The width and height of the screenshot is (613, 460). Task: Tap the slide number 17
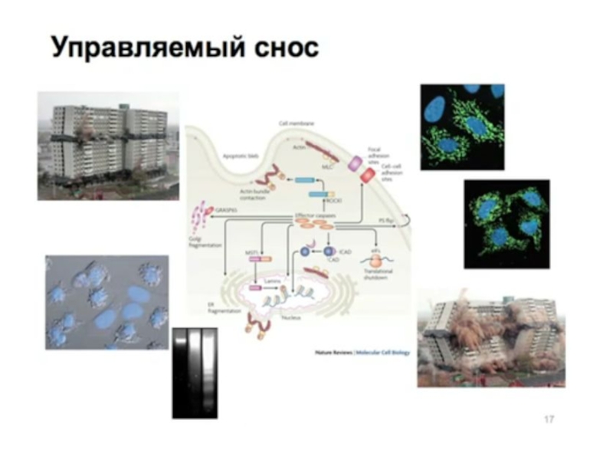coord(549,419)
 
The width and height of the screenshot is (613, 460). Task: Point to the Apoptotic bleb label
coord(238,153)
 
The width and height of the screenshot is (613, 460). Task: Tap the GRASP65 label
coord(228,208)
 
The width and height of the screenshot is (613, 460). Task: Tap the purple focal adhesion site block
coord(356,163)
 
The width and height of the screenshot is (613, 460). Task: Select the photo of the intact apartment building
coord(108,146)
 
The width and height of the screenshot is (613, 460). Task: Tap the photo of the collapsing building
coord(490,337)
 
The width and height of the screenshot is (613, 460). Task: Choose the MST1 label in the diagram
coord(251,250)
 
